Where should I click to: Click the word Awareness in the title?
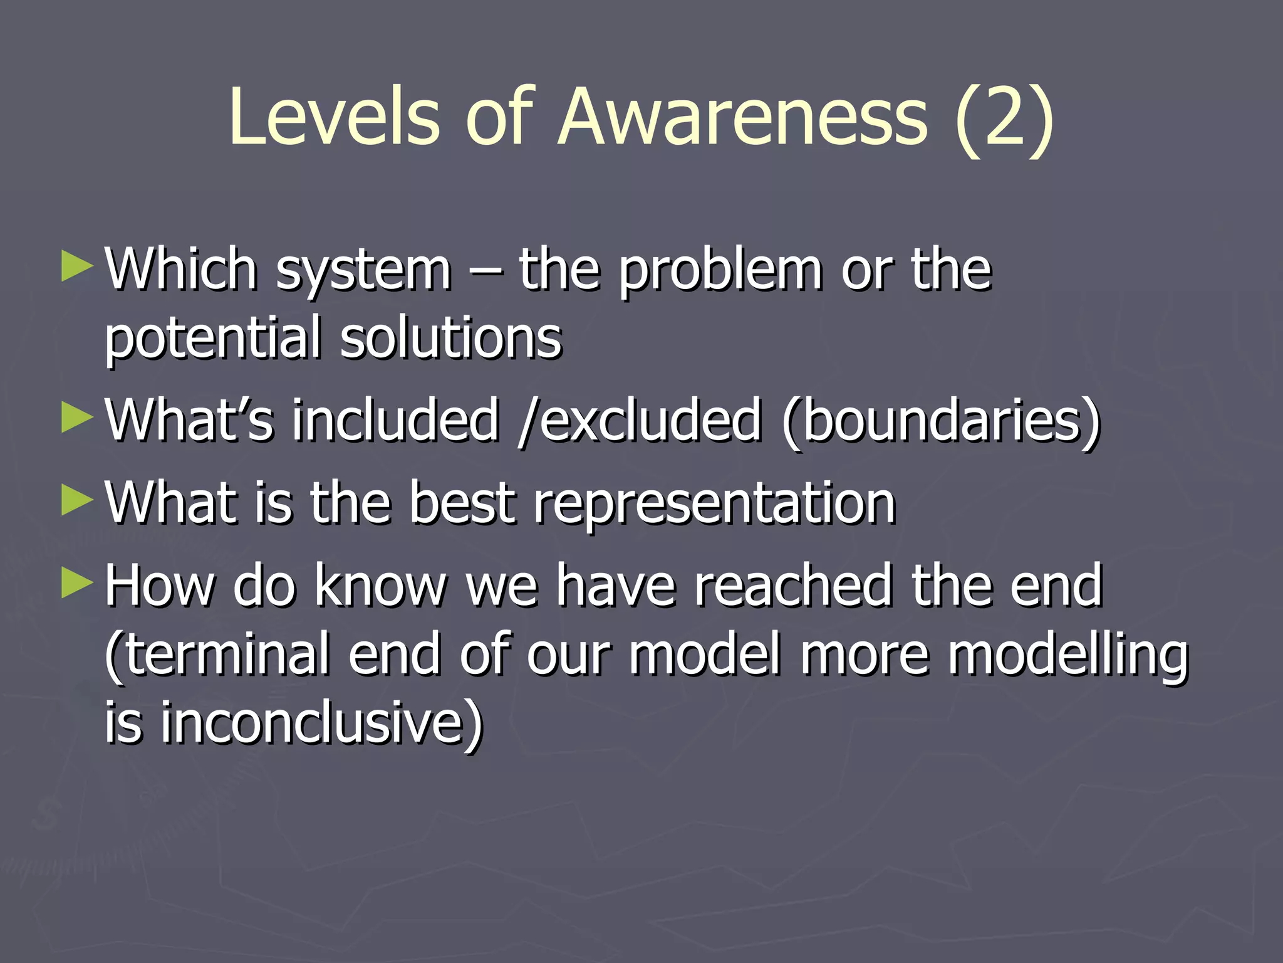[x=742, y=118]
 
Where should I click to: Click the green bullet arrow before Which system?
[x=78, y=266]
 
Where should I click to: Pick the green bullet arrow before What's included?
[x=78, y=418]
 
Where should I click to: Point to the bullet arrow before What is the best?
[x=78, y=501]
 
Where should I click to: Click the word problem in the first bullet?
[x=720, y=271]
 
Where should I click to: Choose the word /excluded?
[x=640, y=420]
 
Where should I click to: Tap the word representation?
[x=715, y=505]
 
